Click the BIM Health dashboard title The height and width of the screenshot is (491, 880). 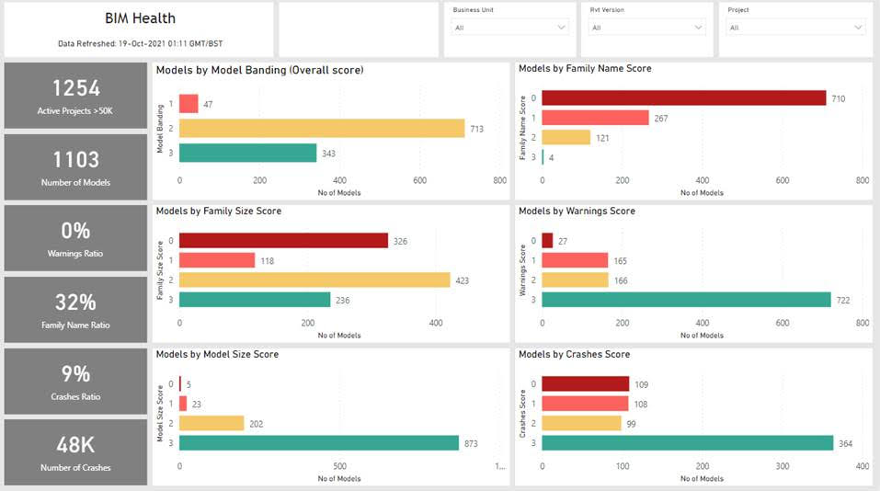pyautogui.click(x=140, y=18)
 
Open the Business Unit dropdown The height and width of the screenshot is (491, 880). pyautogui.click(x=510, y=28)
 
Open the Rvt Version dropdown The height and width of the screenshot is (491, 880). pyautogui.click(x=647, y=28)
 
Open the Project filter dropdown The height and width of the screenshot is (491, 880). pyautogui.click(x=794, y=28)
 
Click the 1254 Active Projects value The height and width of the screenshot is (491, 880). pyautogui.click(x=76, y=88)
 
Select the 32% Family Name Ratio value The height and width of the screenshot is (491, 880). pyautogui.click(x=76, y=303)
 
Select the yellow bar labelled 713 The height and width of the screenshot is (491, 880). pyautogui.click(x=322, y=129)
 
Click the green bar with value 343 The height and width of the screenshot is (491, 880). pyautogui.click(x=247, y=153)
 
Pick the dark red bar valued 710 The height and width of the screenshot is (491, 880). pyautogui.click(x=684, y=98)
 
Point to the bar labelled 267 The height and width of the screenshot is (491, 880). pyautogui.click(x=595, y=118)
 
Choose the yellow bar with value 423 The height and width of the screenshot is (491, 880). pyautogui.click(x=314, y=280)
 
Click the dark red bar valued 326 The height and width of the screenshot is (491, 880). pyautogui.click(x=283, y=240)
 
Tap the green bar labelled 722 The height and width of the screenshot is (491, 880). pyautogui.click(x=686, y=300)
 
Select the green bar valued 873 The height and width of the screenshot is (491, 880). pyautogui.click(x=319, y=443)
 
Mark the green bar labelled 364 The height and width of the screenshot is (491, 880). pyautogui.click(x=687, y=443)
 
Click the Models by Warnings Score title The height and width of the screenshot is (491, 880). pyautogui.click(x=577, y=211)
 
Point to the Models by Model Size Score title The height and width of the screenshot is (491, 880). pyautogui.click(x=217, y=354)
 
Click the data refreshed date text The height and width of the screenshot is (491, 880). pyautogui.click(x=140, y=43)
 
